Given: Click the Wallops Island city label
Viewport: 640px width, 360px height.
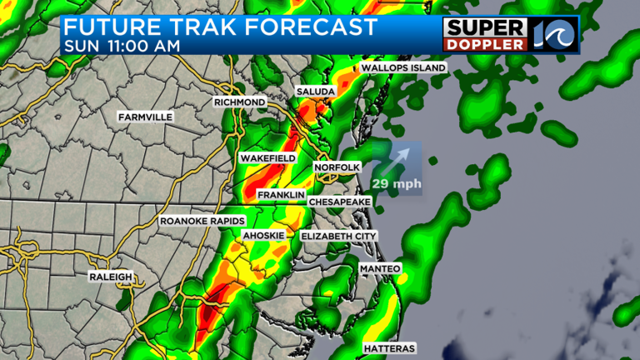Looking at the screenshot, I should (403, 67).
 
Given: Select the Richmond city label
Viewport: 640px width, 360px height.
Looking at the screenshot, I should (239, 102).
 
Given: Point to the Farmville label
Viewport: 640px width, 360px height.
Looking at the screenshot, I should (145, 117).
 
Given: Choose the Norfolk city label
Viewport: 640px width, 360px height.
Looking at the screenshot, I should (336, 168).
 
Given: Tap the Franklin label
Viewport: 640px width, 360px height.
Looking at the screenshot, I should (281, 195).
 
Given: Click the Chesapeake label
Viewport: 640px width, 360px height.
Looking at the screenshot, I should (339, 202).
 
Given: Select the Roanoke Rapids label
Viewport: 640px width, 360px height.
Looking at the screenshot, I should (202, 221).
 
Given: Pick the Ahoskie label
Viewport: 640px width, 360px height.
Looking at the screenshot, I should (263, 237).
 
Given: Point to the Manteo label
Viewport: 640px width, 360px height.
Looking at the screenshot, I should (381, 268).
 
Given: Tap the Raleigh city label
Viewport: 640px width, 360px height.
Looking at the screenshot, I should (111, 276).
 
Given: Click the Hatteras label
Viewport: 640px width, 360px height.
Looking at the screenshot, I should (389, 347).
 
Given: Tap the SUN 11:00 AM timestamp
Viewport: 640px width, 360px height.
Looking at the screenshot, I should (121, 46).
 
